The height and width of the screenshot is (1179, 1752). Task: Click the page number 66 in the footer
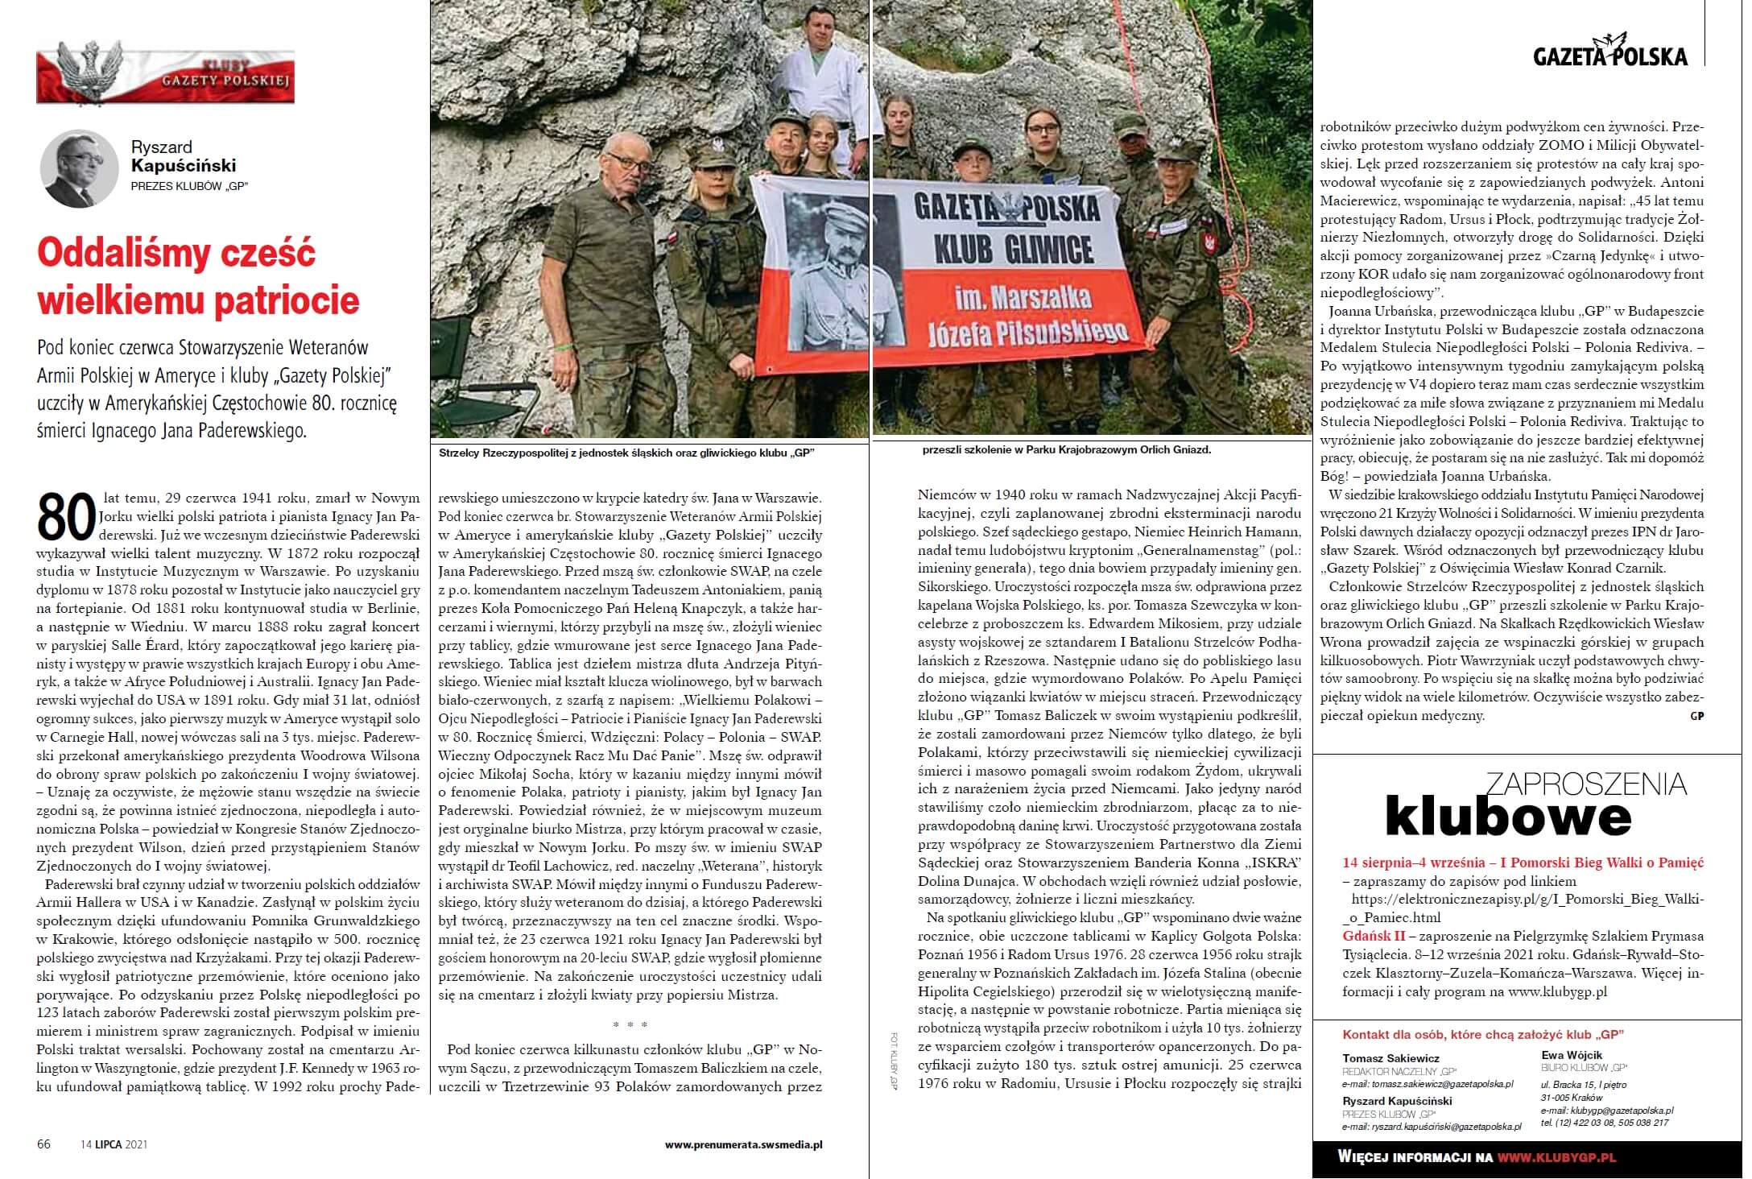(x=43, y=1144)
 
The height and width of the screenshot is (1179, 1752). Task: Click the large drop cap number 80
(x=64, y=516)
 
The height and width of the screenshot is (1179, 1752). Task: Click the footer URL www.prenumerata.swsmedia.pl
(x=743, y=1144)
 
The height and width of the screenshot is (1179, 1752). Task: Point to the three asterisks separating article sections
(x=629, y=1025)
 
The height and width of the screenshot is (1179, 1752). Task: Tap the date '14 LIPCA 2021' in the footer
(x=114, y=1144)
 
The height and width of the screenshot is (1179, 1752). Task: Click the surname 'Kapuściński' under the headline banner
(x=184, y=166)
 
